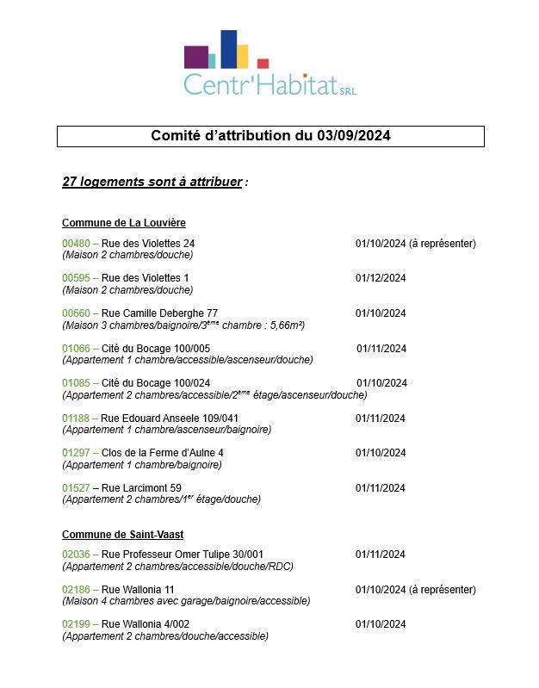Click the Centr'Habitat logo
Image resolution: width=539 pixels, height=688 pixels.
point(269,64)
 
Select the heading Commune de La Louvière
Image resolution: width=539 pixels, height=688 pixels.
point(124,223)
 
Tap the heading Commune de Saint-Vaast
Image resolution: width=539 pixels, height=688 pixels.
point(122,535)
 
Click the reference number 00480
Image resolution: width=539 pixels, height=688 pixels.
point(76,244)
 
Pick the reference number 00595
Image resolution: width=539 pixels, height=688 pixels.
point(76,278)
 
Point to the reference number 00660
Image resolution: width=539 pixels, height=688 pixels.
point(76,313)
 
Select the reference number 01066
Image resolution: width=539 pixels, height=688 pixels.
point(76,349)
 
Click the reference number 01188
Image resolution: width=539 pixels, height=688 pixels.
point(76,418)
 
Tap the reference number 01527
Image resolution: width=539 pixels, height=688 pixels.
point(76,488)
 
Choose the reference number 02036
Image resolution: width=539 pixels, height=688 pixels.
point(76,555)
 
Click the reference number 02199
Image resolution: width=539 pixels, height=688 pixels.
point(76,624)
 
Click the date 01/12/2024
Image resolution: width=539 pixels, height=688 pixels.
point(381,278)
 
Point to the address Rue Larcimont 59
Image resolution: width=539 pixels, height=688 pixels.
point(141,488)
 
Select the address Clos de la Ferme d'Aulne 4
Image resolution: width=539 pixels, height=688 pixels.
point(163,453)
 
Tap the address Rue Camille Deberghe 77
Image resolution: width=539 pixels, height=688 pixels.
point(159,313)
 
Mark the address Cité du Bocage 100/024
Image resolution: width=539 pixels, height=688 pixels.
point(156,383)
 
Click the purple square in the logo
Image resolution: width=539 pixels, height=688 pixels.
point(195,57)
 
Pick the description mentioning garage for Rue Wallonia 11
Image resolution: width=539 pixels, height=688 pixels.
point(186,601)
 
